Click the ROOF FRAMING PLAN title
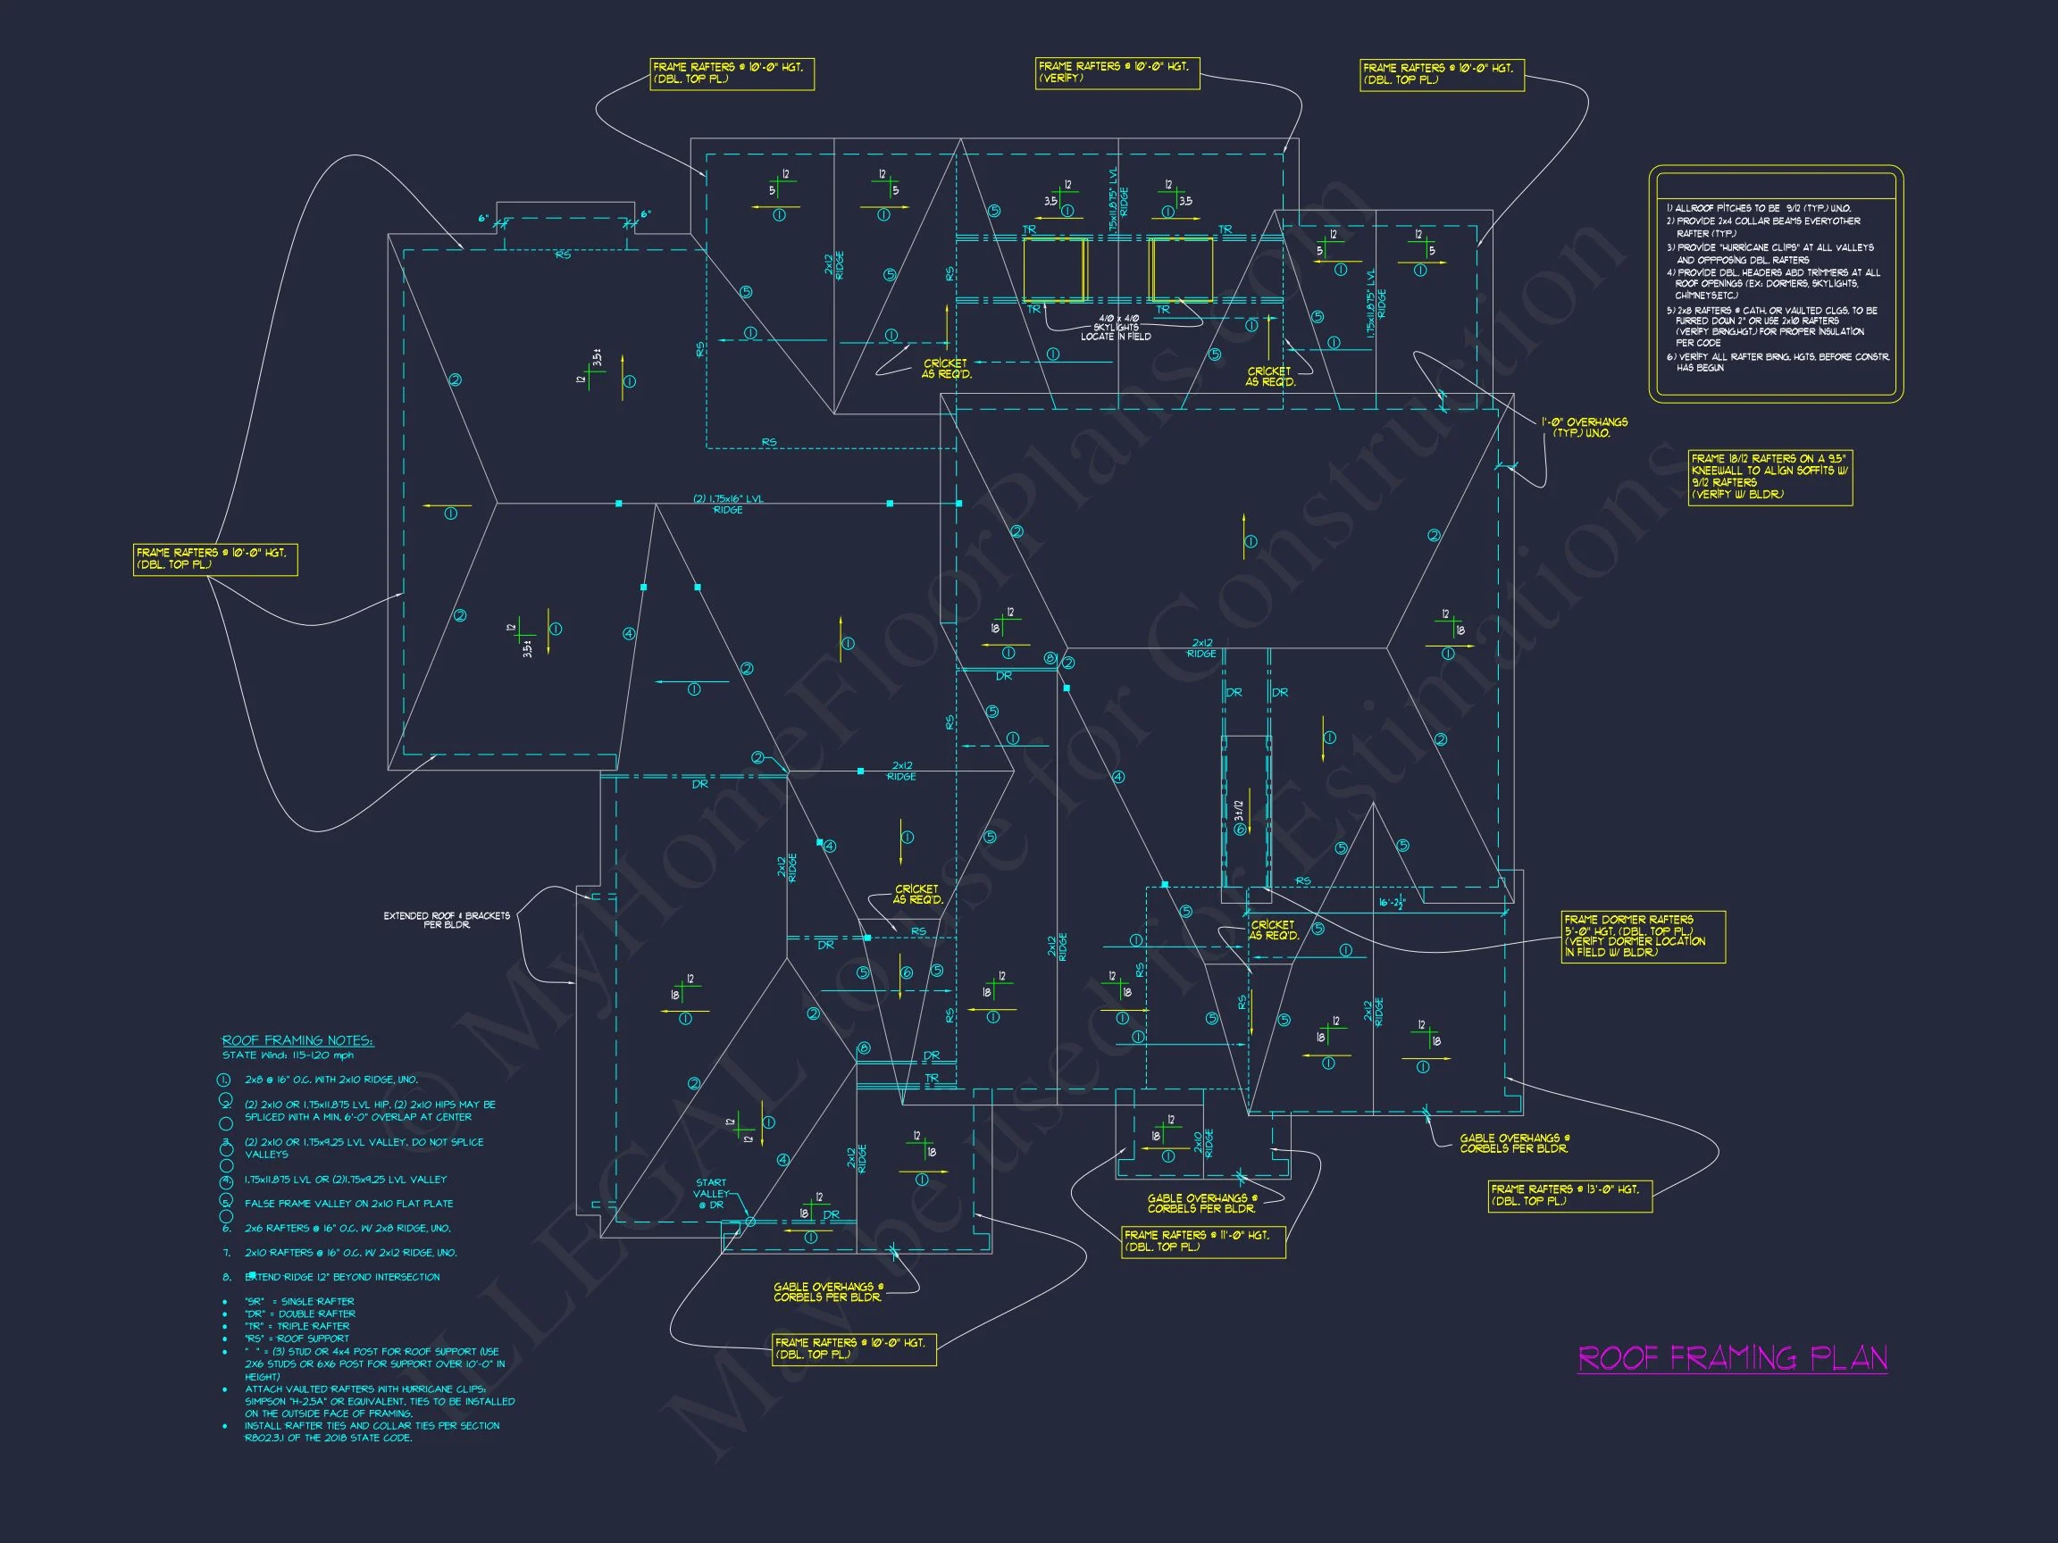1732,1359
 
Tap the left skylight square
1055,270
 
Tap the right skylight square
1181,270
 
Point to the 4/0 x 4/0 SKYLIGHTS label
1117,328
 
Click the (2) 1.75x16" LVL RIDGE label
728,505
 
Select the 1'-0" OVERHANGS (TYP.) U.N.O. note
1584,427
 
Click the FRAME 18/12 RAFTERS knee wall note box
1769,477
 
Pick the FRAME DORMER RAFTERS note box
1643,937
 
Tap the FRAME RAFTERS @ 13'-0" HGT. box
1569,1195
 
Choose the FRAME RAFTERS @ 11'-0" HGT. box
1203,1240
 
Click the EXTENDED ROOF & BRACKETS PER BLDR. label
447,920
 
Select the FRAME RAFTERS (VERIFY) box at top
1117,72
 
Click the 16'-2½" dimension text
1392,903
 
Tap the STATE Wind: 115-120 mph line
288,1055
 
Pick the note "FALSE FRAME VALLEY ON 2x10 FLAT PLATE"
349,1204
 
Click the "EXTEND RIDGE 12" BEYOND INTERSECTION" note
342,1277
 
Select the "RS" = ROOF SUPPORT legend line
297,1339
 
